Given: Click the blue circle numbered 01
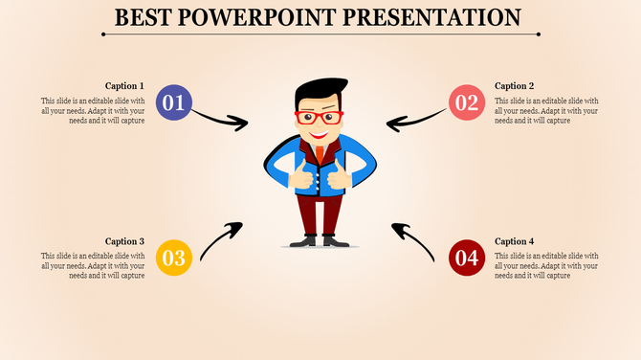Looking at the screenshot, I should tap(173, 102).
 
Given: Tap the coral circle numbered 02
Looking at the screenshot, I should tap(467, 102).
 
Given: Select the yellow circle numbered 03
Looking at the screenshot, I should tap(173, 257).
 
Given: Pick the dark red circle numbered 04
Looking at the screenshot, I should tap(467, 257).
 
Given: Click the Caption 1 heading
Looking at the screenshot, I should tap(125, 86).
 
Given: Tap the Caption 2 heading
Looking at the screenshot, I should tap(515, 86).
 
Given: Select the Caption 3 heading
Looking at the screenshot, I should tap(125, 241).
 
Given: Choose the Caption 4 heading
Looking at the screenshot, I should tap(515, 241).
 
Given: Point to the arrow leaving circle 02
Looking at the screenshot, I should tap(416, 121).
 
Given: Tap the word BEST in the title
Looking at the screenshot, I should tap(144, 17).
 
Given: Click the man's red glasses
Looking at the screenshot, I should tap(319, 119).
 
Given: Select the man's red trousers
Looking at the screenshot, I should tap(318, 213).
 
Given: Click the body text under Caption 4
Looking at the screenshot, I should tap(546, 264).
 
